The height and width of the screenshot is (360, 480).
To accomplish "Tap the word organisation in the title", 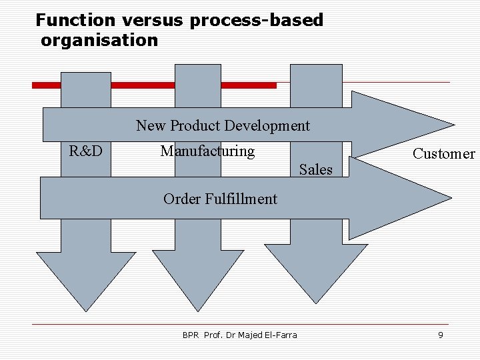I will pos(99,41).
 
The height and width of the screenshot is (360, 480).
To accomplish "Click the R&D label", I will pos(86,151).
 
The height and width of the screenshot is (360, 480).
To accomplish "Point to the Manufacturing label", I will pos(207,151).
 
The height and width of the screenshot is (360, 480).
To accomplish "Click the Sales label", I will pos(315,169).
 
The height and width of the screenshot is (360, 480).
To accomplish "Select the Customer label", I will pos(443,154).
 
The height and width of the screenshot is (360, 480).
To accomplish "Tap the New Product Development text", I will pos(223,125).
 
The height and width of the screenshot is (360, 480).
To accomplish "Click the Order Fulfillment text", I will pos(220,199).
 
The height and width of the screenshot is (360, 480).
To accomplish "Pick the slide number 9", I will pos(440,335).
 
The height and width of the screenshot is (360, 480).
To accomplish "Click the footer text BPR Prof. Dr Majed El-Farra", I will pos(240,335).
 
